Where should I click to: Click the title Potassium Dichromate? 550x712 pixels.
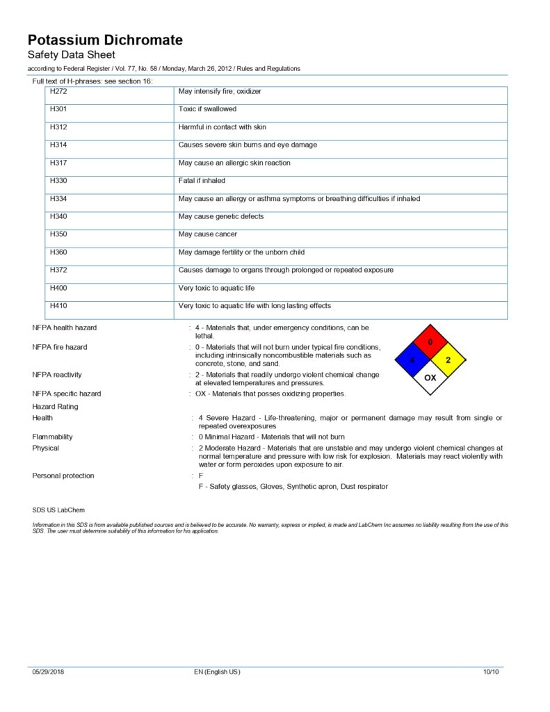[x=105, y=40]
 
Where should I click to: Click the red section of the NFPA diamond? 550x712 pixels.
[x=430, y=343]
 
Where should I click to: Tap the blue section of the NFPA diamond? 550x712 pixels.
[x=412, y=360]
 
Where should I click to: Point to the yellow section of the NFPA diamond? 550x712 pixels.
[x=448, y=360]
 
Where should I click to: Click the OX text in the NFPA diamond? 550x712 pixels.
[x=430, y=378]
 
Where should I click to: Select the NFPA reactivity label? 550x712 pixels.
[x=57, y=375]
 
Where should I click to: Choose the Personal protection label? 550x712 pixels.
[x=63, y=476]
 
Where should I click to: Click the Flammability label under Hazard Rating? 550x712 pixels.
[x=52, y=437]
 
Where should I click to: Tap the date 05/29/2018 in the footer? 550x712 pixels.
[x=48, y=672]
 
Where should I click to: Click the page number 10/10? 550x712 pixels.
[x=491, y=672]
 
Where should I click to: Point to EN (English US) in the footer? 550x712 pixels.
[x=217, y=672]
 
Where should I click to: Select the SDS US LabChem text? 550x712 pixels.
[x=59, y=510]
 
